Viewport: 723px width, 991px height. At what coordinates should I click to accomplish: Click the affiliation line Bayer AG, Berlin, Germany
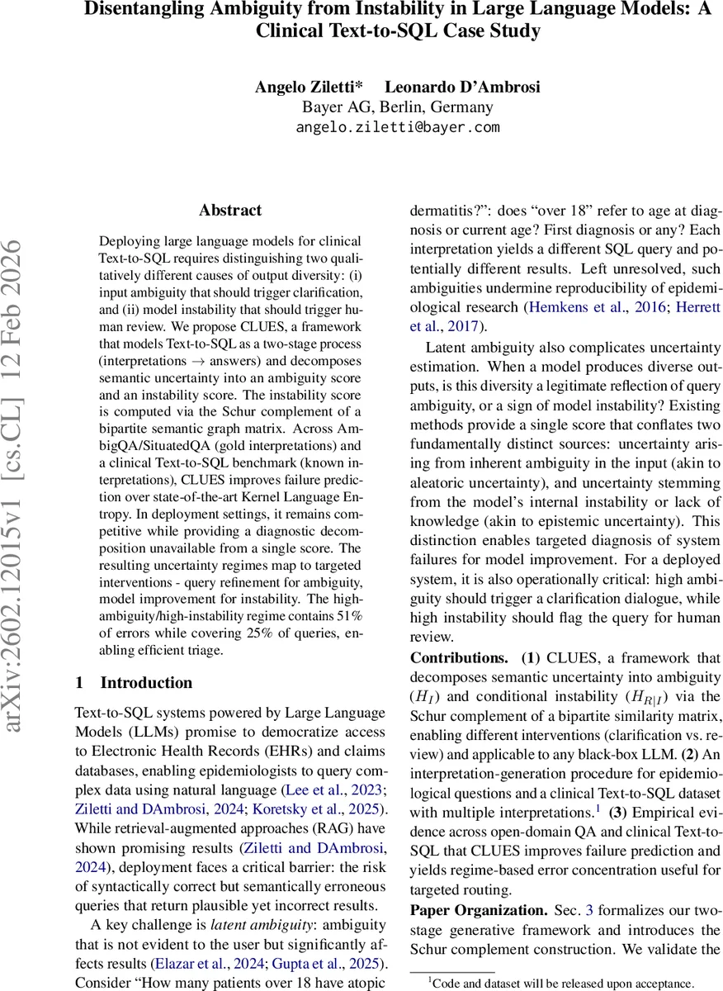[398, 107]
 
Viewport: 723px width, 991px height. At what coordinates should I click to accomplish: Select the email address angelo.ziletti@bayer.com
[398, 127]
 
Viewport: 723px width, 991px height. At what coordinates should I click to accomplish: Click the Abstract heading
[230, 211]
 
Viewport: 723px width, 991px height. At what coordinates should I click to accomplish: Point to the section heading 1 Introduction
[134, 682]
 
